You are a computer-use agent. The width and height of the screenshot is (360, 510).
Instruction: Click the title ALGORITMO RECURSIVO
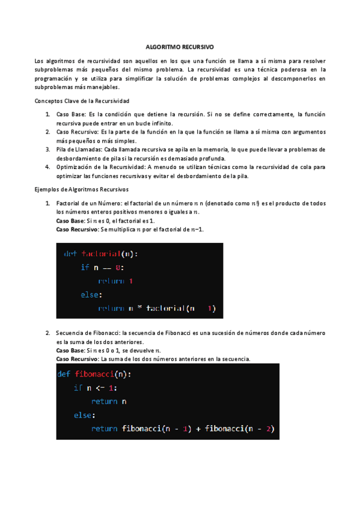click(x=180, y=46)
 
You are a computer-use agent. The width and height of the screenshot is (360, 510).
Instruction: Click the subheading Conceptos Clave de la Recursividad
click(x=82, y=100)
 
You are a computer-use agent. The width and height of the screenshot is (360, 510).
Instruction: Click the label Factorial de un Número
click(x=87, y=203)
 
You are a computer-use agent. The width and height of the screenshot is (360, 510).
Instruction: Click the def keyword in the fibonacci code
click(x=64, y=373)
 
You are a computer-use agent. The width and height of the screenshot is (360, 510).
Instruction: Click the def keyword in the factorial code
click(x=70, y=254)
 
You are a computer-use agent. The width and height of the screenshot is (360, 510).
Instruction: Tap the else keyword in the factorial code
click(x=91, y=295)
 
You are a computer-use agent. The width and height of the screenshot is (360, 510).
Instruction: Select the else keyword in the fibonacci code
click(x=85, y=415)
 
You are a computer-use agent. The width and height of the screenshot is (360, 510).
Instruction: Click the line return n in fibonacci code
click(x=109, y=401)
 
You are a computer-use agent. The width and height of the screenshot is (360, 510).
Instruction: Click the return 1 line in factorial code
click(x=115, y=281)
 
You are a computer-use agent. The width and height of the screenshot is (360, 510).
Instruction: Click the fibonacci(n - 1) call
click(x=156, y=429)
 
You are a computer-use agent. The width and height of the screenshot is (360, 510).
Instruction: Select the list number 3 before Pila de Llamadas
click(x=47, y=149)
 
